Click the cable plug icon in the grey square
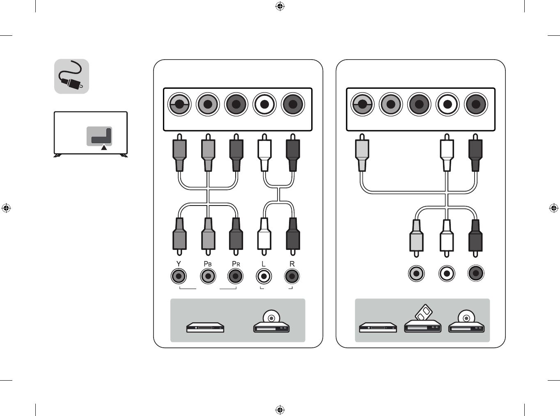72,77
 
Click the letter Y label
179,264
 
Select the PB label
208,264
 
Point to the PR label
236,264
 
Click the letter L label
264,264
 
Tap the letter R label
292,264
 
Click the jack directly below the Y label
179,276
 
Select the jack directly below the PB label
208,276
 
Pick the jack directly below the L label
264,276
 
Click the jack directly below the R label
292,276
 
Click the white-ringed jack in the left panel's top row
264,104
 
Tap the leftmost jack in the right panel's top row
362,104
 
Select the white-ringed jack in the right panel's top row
447,104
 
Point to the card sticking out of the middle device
424,313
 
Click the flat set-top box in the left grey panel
205,328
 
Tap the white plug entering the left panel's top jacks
264,154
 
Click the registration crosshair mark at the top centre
280,6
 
